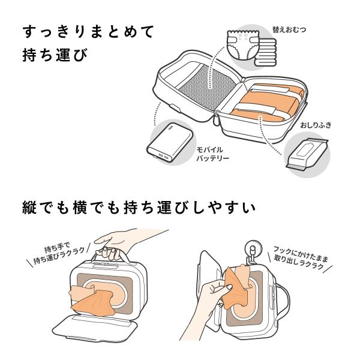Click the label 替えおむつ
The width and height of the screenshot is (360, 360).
[289, 29]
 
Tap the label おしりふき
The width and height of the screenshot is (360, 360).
[316, 125]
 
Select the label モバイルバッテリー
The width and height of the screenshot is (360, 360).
[212, 154]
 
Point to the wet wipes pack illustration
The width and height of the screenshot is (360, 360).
[307, 154]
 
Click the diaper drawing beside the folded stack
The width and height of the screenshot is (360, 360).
[242, 45]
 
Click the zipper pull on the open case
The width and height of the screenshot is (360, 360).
[216, 119]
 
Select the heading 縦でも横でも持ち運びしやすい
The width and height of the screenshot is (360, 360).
[139, 208]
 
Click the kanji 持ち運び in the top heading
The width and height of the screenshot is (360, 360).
[55, 55]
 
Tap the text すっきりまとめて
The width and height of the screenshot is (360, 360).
[88, 31]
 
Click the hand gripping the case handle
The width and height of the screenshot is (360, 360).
[128, 242]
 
